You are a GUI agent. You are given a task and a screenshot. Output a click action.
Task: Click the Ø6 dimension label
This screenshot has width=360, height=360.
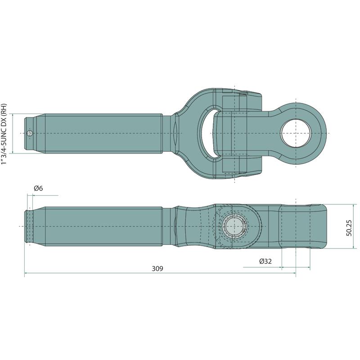click(x=38, y=189)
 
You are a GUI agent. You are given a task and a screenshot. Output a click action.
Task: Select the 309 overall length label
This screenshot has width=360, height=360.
click(x=157, y=268)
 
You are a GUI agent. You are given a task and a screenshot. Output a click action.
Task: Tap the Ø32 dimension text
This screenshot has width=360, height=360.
click(x=265, y=261)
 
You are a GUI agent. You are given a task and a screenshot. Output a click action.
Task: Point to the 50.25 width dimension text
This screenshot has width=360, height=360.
click(x=349, y=228)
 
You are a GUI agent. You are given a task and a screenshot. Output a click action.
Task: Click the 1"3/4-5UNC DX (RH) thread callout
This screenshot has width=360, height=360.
click(x=4, y=134)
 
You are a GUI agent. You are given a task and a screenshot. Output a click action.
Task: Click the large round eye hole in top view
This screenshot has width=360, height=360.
click(x=296, y=133)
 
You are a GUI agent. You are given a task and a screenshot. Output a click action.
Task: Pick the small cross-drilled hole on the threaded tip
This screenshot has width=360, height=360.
click(x=30, y=133)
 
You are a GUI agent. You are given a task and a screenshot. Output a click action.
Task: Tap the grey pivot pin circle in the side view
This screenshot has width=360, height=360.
click(x=233, y=226)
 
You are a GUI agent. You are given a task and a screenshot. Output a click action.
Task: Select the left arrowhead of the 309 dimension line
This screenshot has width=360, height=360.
click(x=26, y=273)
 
